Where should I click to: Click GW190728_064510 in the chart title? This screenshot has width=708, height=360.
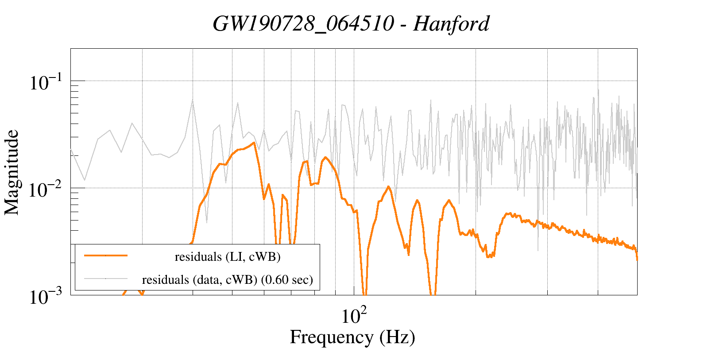click(x=303, y=24)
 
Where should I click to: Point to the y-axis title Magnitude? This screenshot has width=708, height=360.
click(x=12, y=173)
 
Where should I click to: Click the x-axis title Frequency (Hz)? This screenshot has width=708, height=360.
click(x=352, y=337)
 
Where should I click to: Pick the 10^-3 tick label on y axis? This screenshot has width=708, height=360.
click(x=47, y=297)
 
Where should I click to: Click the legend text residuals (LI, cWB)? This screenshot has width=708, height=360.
click(x=228, y=257)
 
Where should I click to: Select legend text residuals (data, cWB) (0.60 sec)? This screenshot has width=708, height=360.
click(x=228, y=280)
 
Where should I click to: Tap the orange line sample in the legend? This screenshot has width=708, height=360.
click(x=106, y=255)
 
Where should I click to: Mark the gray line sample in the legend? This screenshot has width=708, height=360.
click(x=106, y=279)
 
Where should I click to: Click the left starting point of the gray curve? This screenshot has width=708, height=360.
click(x=71, y=149)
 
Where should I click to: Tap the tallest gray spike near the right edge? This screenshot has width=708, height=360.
click(x=598, y=91)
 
